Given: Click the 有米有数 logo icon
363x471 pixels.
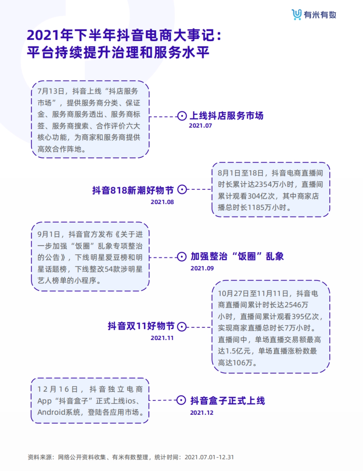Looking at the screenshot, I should point(297,14).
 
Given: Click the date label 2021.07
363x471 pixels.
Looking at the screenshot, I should point(200,126).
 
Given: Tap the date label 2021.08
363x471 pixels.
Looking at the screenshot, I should point(162,202).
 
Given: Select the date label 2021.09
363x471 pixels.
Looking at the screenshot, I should point(202,268).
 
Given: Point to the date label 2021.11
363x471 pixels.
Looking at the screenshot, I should point(162,338).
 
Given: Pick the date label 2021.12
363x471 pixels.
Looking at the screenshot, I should point(201,413).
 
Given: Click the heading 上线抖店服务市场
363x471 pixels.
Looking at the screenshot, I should point(227,116).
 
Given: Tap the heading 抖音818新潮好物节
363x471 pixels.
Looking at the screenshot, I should point(133,190).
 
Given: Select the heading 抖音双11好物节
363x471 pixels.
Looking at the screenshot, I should point(141,326).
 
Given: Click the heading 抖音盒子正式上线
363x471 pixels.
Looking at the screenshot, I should point(227,401).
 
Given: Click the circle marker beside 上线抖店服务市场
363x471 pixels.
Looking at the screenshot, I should point(182,116).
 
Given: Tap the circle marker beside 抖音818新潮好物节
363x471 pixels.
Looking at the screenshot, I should point(182,190).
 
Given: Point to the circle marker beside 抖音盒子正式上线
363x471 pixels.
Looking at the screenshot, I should point(181,400).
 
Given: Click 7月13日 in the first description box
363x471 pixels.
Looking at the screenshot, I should point(51,91).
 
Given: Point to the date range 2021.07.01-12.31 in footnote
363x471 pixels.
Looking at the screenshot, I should point(209,457).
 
